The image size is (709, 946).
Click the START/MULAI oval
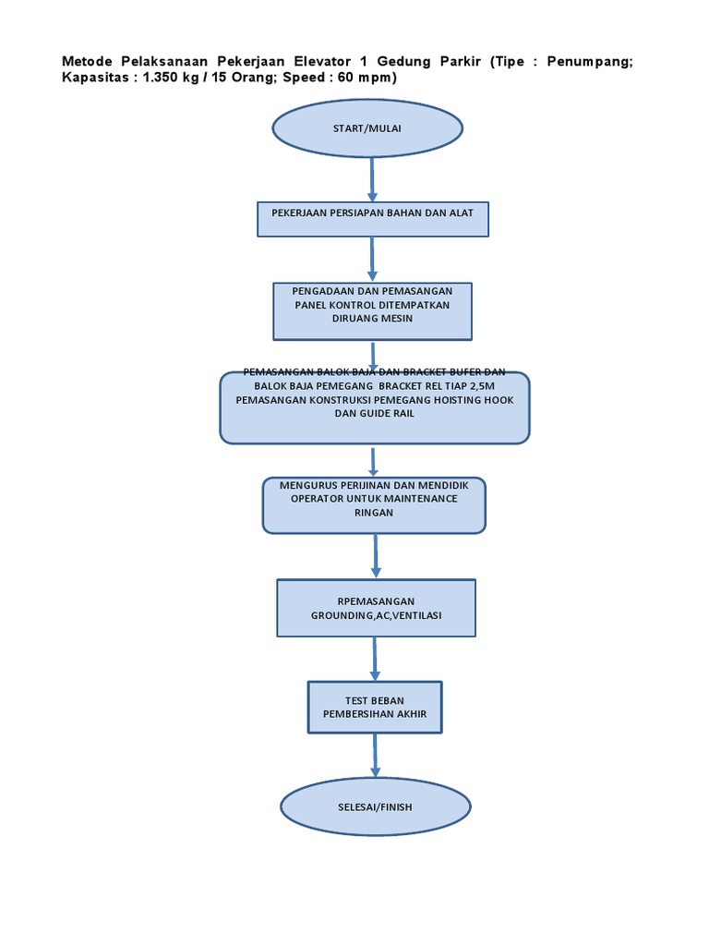367,127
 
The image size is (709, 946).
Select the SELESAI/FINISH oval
375,807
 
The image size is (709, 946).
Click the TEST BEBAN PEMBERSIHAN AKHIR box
375,707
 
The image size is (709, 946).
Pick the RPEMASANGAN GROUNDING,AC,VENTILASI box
376,608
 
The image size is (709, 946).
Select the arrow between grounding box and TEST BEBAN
375,659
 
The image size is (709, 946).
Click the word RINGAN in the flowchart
374,513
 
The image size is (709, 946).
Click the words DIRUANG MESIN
372,319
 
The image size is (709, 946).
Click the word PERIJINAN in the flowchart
358,484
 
